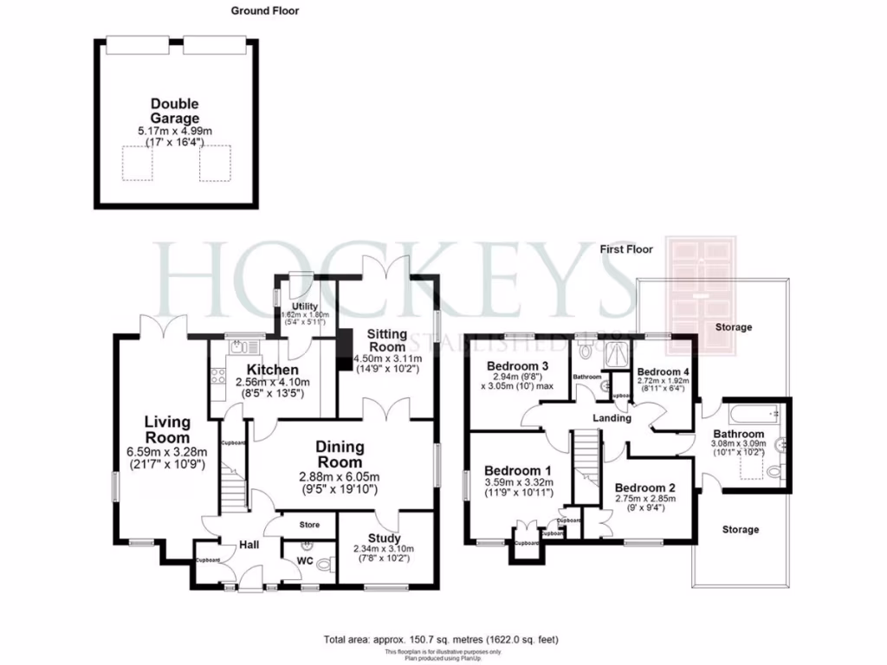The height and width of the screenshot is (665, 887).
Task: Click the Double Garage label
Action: (x=177, y=111)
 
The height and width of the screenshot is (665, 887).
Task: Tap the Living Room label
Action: (x=167, y=429)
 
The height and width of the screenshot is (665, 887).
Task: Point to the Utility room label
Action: (x=304, y=307)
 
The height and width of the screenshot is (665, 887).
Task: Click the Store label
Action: (x=309, y=526)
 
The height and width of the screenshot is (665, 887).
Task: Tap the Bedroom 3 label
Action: (x=519, y=365)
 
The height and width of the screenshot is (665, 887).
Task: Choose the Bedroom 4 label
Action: (x=661, y=371)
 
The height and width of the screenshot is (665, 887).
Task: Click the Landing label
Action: (x=611, y=418)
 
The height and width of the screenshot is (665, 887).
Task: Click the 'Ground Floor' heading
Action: (x=265, y=11)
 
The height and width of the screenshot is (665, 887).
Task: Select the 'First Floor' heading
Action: (x=626, y=249)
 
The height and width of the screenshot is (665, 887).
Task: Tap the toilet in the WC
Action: (x=324, y=565)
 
